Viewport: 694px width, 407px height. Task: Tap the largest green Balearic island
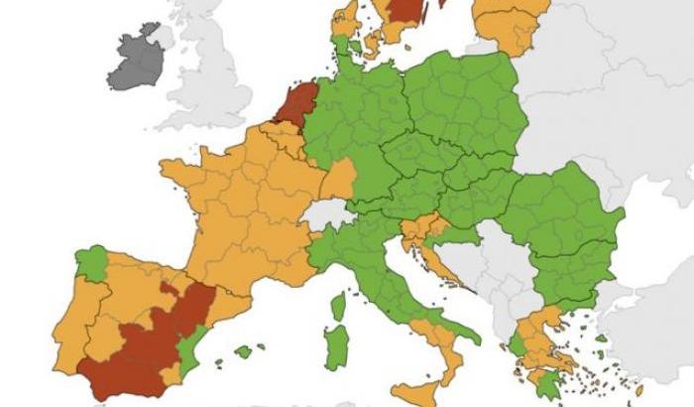pos(244,351)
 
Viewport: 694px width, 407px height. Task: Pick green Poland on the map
pos(466,99)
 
